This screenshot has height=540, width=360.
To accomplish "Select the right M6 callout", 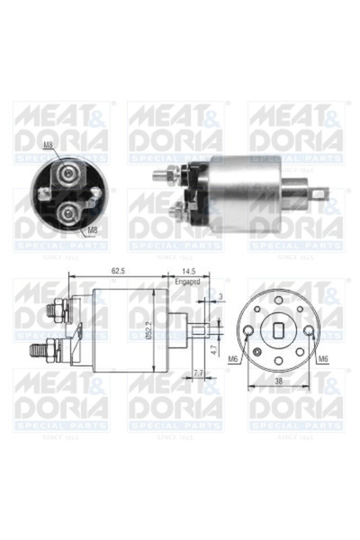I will pos(324,358).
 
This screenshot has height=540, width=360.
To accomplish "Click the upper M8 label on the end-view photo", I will pos(49,144).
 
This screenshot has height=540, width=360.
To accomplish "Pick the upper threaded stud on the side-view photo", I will pos(162,173).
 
